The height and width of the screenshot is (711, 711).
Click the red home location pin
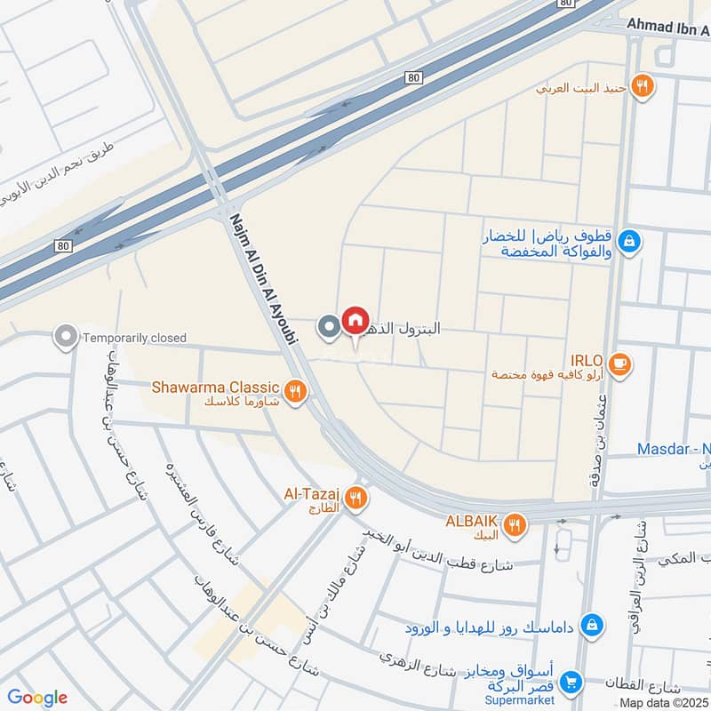[355, 321]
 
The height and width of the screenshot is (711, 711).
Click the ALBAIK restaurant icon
[513, 527]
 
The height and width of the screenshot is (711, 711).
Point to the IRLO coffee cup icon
[619, 363]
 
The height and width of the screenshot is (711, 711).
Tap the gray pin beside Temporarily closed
[65, 337]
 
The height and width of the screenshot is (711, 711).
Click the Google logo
[36, 698]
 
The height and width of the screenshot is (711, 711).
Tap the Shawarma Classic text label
[216, 387]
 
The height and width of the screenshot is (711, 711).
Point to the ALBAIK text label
[469, 521]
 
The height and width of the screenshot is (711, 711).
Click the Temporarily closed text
[133, 338]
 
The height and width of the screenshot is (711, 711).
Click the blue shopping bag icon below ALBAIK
[590, 627]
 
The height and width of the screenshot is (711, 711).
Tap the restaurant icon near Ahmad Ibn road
[643, 87]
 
